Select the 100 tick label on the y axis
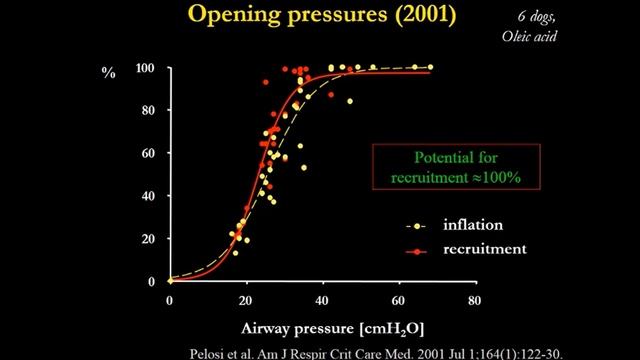(145, 68)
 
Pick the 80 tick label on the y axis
(148, 111)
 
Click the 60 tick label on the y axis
(148, 154)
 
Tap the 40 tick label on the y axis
(148, 196)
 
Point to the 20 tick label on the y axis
(148, 239)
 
